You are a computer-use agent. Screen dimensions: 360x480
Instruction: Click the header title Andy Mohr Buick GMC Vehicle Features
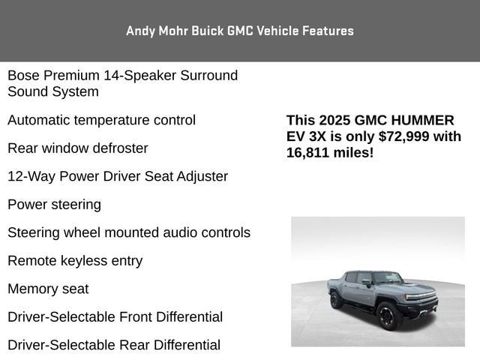pos(240,31)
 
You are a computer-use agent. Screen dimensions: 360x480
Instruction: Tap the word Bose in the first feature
pos(22,76)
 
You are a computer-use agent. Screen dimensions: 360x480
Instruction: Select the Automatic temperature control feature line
pos(101,120)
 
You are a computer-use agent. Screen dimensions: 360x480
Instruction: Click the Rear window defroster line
pos(77,148)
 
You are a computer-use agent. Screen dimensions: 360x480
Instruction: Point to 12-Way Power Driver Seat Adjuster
pos(118,176)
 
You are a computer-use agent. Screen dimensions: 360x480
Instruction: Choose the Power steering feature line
pos(54,205)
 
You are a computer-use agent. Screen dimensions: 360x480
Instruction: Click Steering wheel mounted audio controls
pos(129,232)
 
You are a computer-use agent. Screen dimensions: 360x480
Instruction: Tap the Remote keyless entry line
pos(75,261)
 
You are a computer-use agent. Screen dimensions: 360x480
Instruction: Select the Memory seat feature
pos(48,289)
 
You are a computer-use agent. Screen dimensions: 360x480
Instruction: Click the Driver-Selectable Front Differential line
pos(115,317)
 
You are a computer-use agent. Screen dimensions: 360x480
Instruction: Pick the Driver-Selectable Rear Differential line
pos(114,345)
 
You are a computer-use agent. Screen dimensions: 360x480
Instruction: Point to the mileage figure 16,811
pos(309,152)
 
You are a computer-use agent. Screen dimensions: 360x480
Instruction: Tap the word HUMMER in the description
pos(423,120)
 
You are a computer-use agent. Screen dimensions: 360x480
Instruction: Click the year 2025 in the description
pos(334,120)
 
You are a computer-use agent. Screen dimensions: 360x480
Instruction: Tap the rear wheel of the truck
pos(336,300)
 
